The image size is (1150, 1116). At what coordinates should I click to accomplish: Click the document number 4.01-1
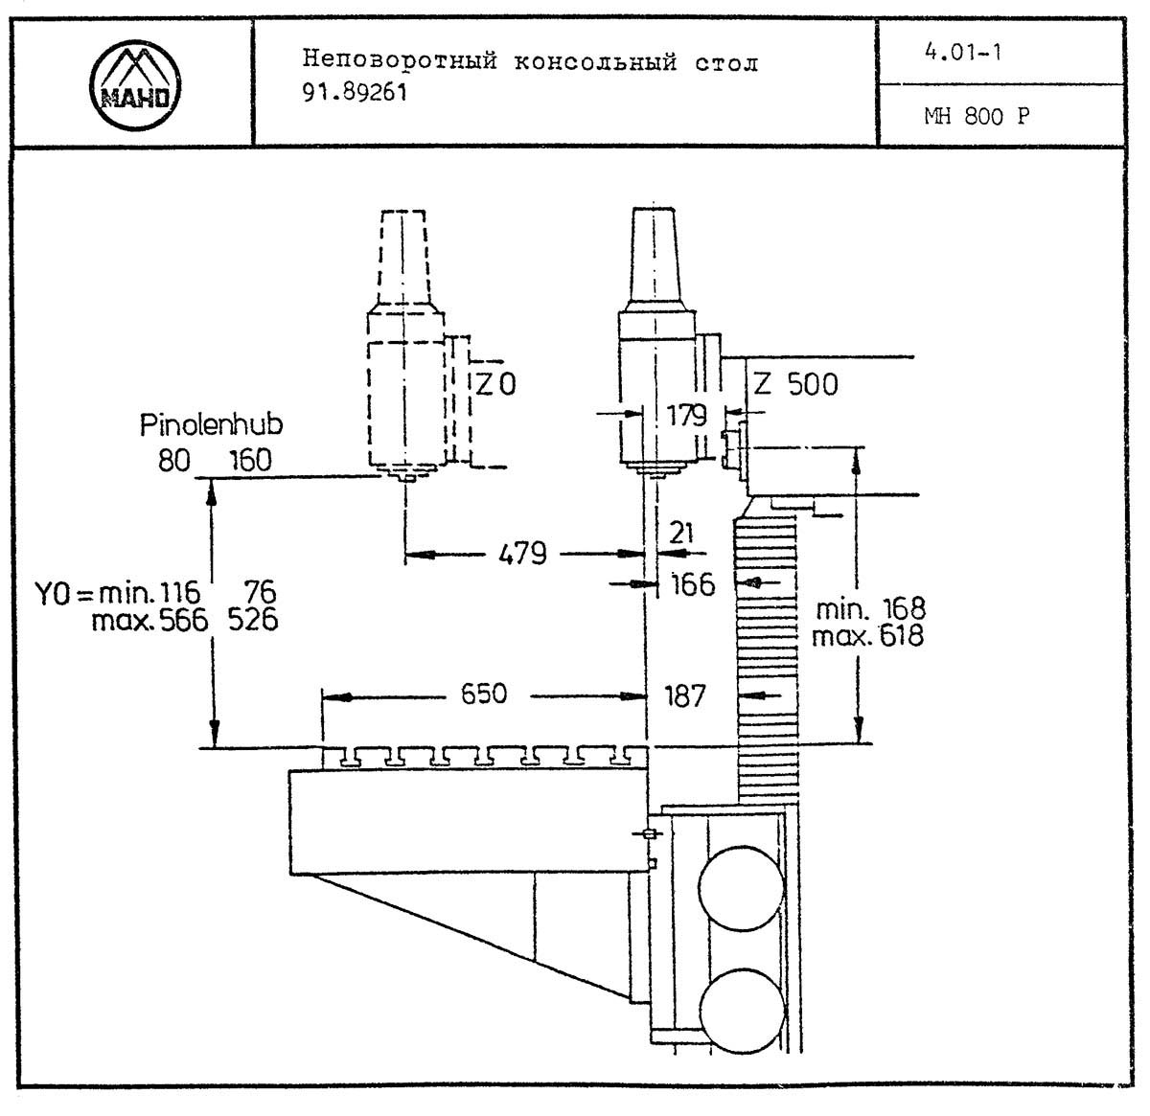click(963, 53)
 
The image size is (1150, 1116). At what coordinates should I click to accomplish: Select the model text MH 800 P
click(977, 117)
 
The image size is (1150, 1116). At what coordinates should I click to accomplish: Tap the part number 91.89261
click(356, 94)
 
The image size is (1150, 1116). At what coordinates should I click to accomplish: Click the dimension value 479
click(522, 554)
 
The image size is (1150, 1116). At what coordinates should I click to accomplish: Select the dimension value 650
click(484, 694)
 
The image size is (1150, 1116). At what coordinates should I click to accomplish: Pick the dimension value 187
click(684, 696)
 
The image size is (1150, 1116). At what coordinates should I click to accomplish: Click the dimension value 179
click(687, 416)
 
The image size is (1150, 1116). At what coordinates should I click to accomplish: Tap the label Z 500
click(794, 385)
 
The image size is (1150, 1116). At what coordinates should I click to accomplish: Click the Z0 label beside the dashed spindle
click(496, 385)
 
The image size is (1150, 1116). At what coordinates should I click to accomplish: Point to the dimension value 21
click(681, 533)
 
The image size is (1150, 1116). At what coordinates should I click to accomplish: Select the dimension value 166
click(692, 583)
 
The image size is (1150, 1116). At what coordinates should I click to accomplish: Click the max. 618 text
click(867, 635)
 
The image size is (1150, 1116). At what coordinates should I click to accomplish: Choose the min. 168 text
click(870, 608)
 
